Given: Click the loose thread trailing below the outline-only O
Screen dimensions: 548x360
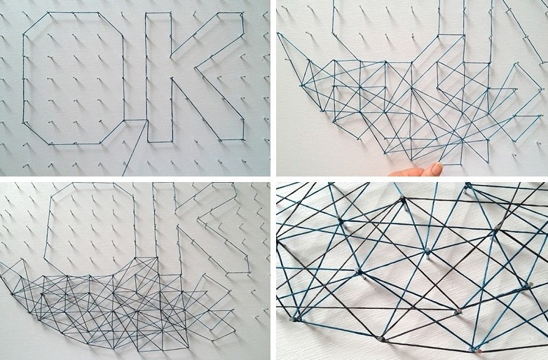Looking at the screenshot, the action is [x=135, y=148].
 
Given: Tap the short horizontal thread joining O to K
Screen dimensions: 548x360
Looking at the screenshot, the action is [x=135, y=120].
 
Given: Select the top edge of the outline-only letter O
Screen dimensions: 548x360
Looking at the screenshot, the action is [x=73, y=13].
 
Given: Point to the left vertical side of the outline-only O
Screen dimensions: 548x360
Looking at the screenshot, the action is [x=24, y=78].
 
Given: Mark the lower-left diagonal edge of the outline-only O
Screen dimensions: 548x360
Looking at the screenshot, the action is [x=36, y=133].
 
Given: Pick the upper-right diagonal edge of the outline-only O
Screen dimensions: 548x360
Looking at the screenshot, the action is [x=111, y=24].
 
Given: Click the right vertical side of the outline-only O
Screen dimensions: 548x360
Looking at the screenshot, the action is [x=123, y=78].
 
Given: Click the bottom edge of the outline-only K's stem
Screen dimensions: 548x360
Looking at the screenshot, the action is [x=159, y=141].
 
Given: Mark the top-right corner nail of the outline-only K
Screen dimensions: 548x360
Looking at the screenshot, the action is [x=242, y=13].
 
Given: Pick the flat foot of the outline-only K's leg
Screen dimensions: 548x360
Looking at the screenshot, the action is [x=231, y=140].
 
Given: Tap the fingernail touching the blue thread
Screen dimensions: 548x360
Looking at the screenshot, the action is [x=437, y=167].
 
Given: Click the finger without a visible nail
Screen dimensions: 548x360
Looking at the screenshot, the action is [x=406, y=172].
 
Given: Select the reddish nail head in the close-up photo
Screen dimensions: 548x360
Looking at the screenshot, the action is [x=480, y=351].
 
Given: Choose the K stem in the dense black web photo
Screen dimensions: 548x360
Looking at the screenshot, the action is [x=156, y=220].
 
